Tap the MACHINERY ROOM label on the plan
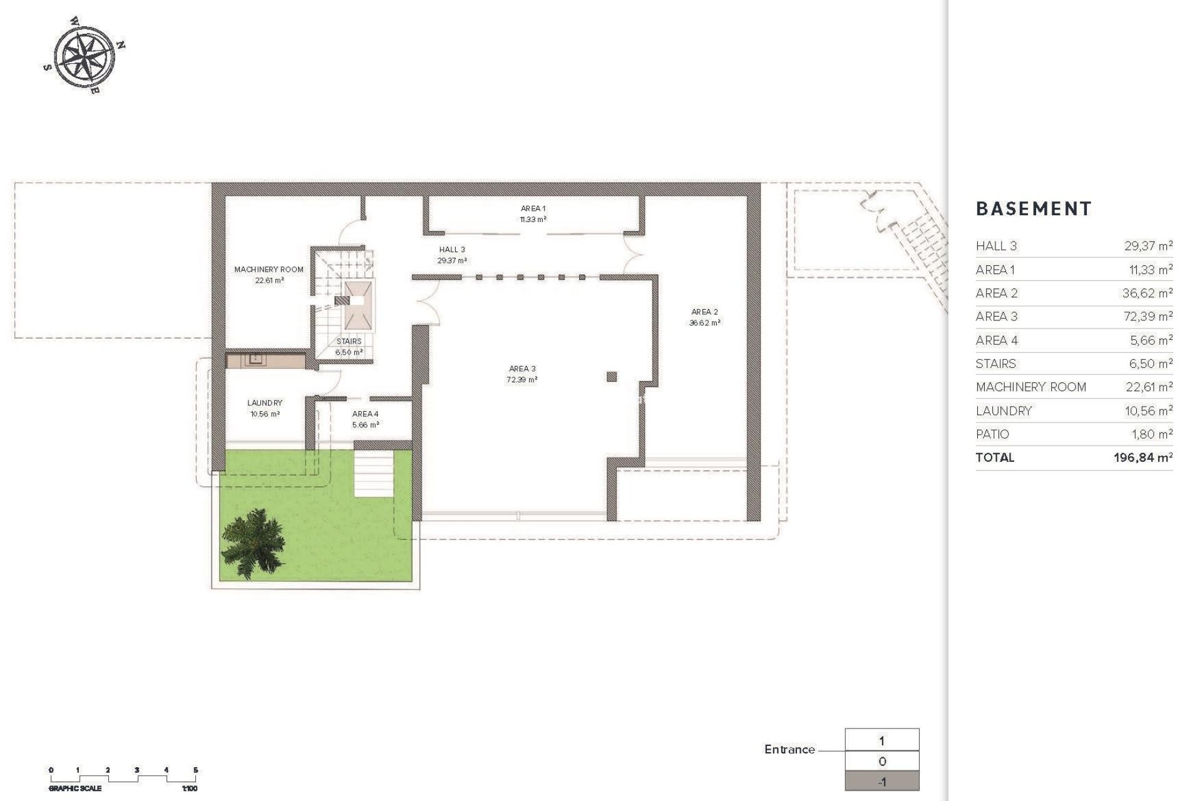269,270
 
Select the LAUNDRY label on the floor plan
264,403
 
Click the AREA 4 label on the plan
365,414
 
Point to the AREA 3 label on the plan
521,369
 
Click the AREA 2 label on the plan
704,312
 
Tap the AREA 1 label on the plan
533,208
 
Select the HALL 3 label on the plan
452,250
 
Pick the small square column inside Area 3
612,376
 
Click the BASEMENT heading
1033,209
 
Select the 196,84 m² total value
1143,457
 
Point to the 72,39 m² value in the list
1148,317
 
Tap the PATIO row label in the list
992,434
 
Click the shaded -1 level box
882,782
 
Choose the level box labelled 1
882,741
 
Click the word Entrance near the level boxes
789,750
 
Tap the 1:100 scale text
189,788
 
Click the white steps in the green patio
374,474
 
